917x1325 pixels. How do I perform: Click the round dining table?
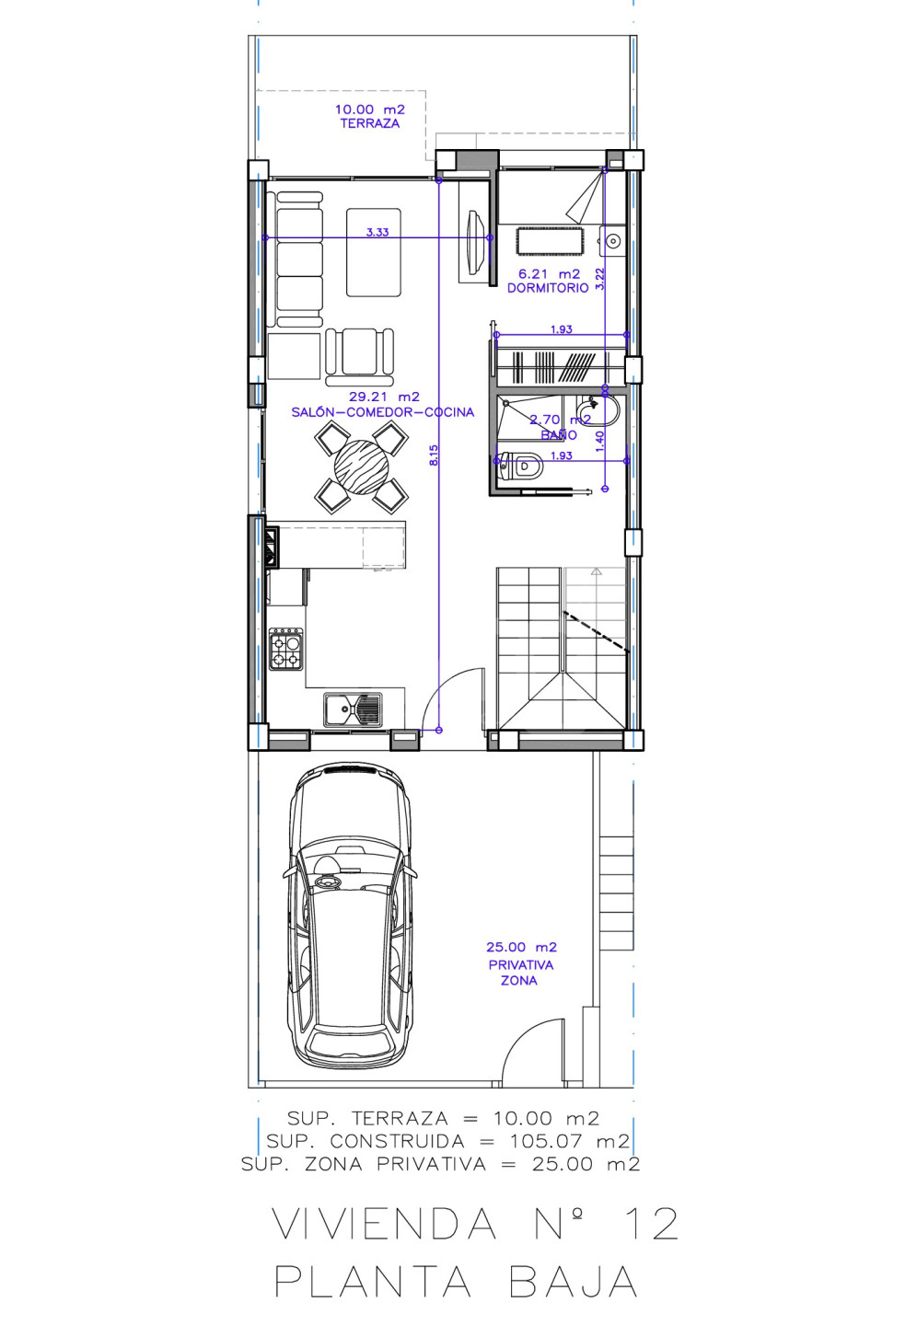pos(361,467)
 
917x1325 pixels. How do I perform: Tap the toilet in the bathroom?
pos(520,467)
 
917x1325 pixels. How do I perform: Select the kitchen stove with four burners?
pos(286,649)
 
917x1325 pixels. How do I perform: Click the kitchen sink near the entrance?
pos(353,709)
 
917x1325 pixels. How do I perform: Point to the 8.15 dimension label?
pos(434,455)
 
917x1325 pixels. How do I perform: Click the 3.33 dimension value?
pos(377,232)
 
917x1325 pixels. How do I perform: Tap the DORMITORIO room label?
pos(548,288)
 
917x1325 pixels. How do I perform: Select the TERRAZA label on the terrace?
pos(370,123)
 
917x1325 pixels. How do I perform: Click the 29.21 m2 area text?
pos(384,397)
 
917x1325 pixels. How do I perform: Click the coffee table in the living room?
pos(374,252)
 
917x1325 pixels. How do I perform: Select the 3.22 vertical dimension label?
pos(599,279)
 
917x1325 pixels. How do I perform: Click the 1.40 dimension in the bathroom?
pos(599,442)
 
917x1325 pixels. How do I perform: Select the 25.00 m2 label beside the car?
pos(521,947)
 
